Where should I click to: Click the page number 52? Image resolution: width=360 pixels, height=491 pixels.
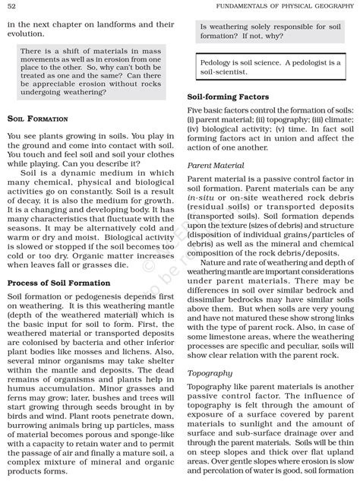12,7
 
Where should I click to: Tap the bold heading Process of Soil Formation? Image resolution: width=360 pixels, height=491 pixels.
58,283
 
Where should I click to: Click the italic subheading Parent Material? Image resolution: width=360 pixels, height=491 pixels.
216,165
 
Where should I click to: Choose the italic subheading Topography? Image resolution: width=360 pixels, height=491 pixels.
210,373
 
